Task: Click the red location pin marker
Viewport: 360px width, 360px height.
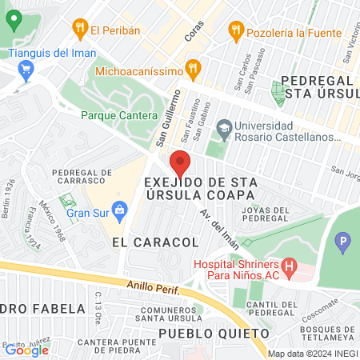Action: pos(180,164)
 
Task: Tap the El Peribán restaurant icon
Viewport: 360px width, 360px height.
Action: pos(79,30)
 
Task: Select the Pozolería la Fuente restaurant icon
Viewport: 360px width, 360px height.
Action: pos(235,30)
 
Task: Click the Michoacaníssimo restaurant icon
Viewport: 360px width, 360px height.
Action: pos(191,68)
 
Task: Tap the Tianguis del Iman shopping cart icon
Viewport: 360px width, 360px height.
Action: pos(26,70)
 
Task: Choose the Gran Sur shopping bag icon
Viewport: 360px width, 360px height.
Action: pos(121,212)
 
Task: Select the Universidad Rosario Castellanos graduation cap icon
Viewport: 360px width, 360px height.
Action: pos(225,126)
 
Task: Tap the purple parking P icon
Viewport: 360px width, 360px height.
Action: pos(344,240)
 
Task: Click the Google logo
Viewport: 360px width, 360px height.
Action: pos(26,349)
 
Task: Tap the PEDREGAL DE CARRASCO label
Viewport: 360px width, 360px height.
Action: pos(81,178)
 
